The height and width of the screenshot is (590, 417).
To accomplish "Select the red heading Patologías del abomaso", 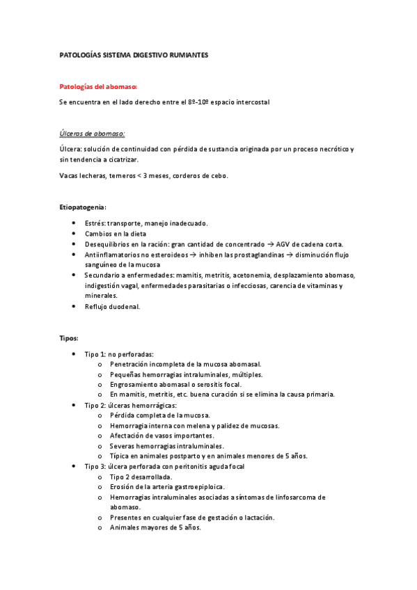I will click(98, 87).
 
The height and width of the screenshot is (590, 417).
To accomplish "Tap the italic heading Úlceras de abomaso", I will click(93, 134).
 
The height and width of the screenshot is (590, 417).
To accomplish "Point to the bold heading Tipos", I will click(69, 337).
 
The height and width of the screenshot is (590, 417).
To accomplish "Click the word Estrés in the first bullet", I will click(95, 223).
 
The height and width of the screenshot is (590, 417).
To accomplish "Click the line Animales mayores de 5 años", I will click(155, 527).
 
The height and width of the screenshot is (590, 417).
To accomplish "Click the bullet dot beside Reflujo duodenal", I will click(74, 306).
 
